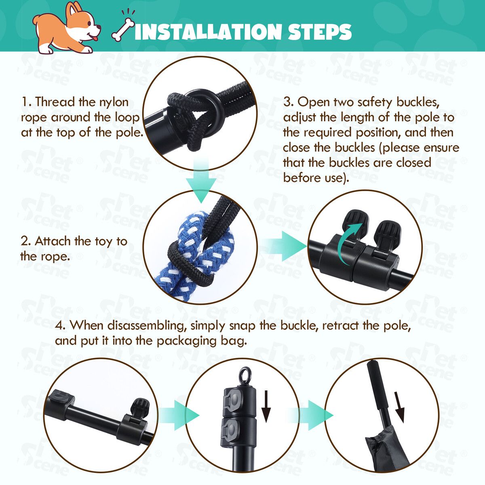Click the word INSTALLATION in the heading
click(208, 32)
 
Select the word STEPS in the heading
click(319, 32)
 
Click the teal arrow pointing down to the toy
click(201, 181)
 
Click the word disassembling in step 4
click(145, 325)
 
